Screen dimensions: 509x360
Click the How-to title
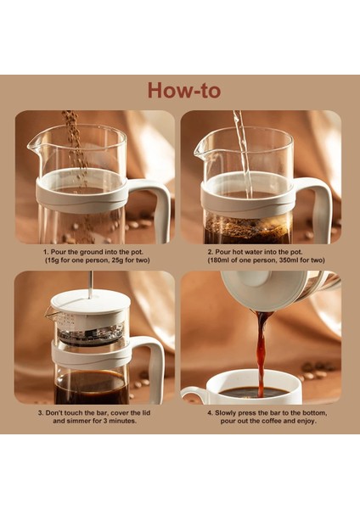(180, 90)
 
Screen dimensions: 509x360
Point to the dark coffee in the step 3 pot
(85, 386)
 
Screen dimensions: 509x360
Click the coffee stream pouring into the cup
(262, 348)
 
